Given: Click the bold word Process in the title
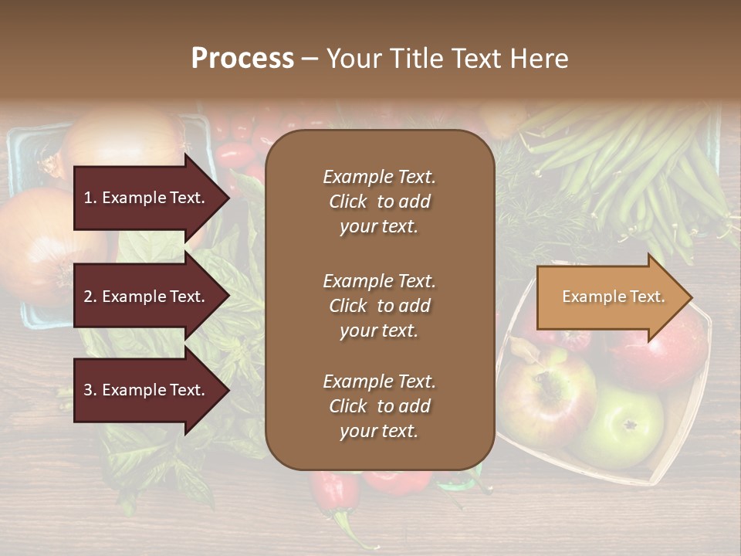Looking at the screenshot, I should coord(242,59).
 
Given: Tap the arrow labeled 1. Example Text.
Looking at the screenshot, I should coord(147,198).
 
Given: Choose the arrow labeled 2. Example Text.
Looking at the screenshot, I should coord(147,297).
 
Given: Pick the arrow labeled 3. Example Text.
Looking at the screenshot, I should coord(147,390).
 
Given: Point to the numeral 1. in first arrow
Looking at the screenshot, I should coord(90,198).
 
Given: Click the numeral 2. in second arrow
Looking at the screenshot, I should coord(90,297).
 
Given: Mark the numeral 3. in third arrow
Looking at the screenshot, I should coord(90,390).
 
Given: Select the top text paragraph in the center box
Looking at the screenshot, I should coord(379,202).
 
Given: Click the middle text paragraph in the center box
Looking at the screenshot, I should coord(379,306).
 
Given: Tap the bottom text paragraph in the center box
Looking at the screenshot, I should coord(379,406).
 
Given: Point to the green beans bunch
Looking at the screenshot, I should coord(633,170).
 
